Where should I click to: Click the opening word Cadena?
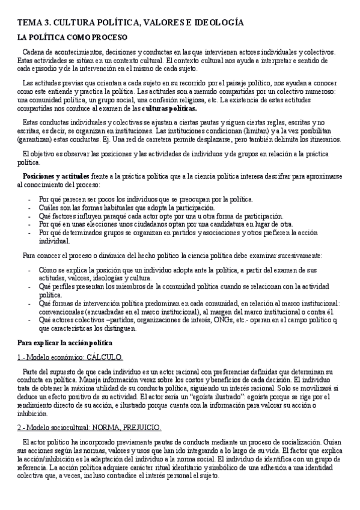pos(34,52)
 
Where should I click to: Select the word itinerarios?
pos(322,140)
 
